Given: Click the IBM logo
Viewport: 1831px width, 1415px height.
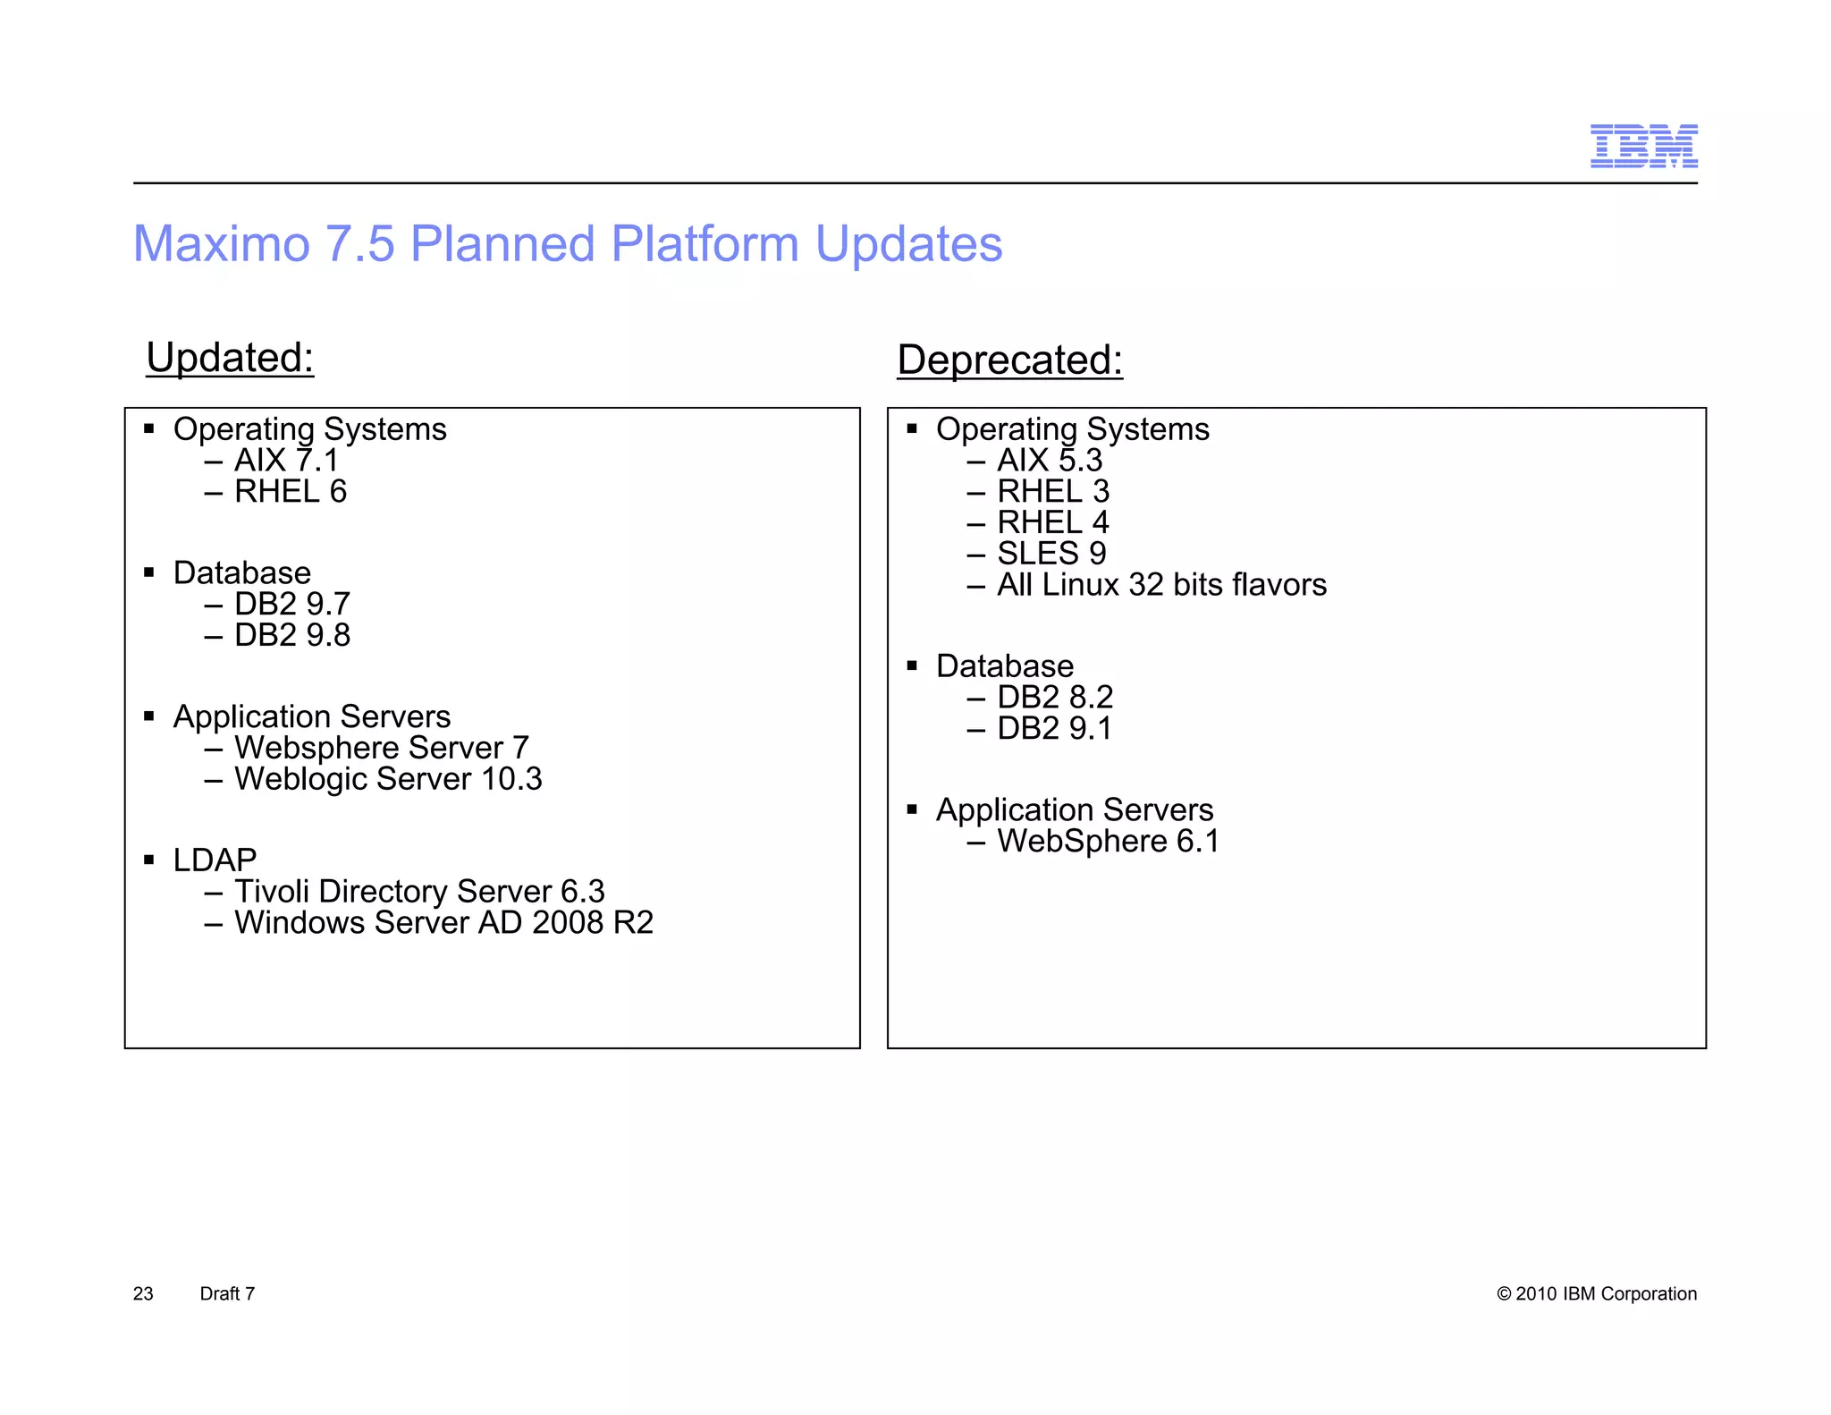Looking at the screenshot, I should [1643, 147].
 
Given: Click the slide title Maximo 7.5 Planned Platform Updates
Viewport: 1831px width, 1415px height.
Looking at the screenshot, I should [568, 243].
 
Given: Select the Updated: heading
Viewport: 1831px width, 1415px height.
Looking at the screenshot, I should [230, 358].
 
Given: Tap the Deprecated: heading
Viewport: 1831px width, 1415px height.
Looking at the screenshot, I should [1009, 360].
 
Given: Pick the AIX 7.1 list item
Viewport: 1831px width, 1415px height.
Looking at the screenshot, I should [286, 461].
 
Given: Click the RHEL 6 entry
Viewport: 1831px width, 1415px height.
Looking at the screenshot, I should [290, 492].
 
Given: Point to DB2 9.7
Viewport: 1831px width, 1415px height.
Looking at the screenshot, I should [291, 605].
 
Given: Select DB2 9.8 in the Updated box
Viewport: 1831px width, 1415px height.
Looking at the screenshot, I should [291, 636].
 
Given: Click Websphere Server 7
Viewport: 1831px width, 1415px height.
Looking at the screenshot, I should [381, 748].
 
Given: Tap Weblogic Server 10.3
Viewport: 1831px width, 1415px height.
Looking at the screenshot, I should [387, 779].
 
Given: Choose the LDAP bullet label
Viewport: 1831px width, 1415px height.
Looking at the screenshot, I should [215, 860].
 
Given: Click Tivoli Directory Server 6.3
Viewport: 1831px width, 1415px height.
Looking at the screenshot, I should [418, 892].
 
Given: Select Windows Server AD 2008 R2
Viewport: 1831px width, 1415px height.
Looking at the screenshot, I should [443, 923].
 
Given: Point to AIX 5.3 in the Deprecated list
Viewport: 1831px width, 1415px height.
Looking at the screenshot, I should [1050, 461].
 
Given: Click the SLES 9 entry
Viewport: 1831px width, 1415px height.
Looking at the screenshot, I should [1051, 554].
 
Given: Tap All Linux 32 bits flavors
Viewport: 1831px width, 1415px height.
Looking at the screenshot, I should [1161, 585].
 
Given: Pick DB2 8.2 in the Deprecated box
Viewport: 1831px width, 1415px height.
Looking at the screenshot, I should [1055, 698].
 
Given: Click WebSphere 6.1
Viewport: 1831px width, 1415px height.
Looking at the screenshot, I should [1108, 842].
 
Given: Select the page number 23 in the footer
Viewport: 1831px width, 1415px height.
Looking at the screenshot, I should [143, 1294].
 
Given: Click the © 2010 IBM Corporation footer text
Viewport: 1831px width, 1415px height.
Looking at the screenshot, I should [1596, 1294].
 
